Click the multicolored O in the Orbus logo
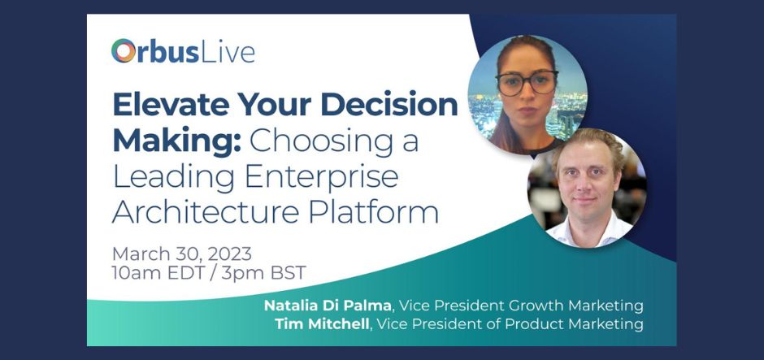(x=124, y=51)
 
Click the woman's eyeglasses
(x=526, y=83)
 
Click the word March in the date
(x=140, y=253)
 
